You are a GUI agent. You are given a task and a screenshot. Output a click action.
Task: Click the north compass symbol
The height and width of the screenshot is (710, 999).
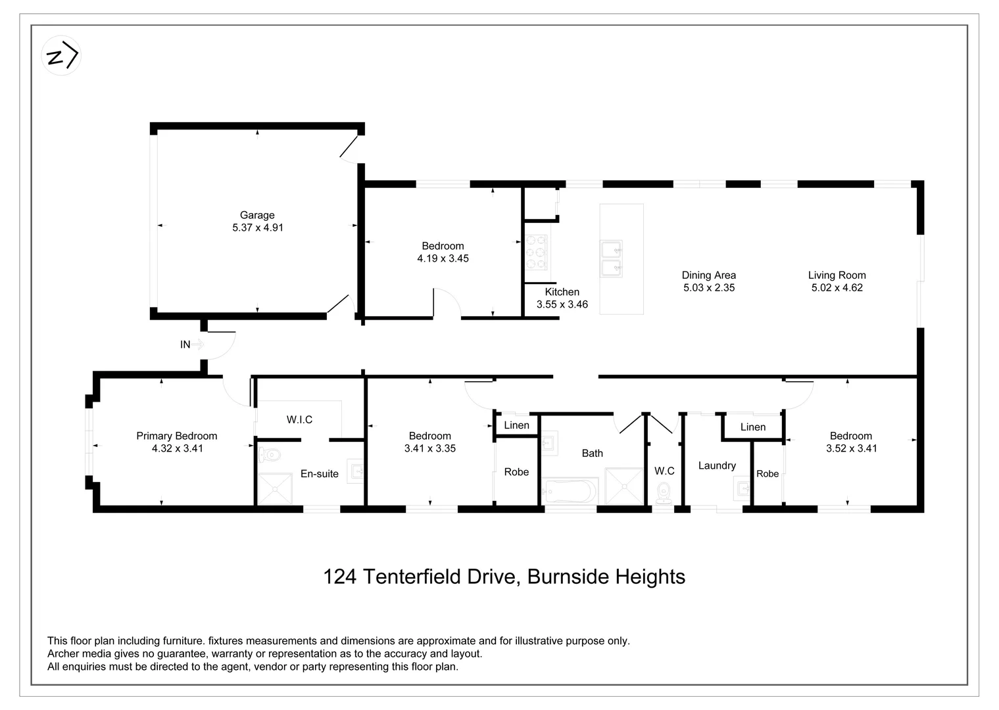(x=61, y=56)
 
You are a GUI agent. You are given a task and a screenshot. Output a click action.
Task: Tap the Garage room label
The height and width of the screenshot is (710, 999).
(x=257, y=215)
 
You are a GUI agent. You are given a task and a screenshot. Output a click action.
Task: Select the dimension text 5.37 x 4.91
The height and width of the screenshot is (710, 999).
(x=257, y=227)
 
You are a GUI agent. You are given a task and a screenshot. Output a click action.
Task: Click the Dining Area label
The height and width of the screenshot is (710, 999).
(x=708, y=275)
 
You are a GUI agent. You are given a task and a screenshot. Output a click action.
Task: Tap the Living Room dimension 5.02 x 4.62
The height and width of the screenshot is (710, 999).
(x=837, y=287)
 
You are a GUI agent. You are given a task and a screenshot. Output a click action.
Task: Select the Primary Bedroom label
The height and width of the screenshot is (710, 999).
(x=176, y=436)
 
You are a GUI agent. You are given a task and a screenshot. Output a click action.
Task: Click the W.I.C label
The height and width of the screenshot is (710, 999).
(x=299, y=419)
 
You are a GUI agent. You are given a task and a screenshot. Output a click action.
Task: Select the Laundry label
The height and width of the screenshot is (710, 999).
(x=716, y=465)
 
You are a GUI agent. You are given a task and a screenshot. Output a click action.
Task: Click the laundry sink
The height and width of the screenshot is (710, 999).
(x=743, y=488)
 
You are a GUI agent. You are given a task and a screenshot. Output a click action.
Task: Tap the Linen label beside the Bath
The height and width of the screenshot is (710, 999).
(x=516, y=425)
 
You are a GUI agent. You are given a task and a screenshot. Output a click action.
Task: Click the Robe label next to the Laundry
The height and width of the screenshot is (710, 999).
(x=767, y=473)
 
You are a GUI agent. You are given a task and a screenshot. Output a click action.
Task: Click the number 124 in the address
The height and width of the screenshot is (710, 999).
(x=340, y=577)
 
